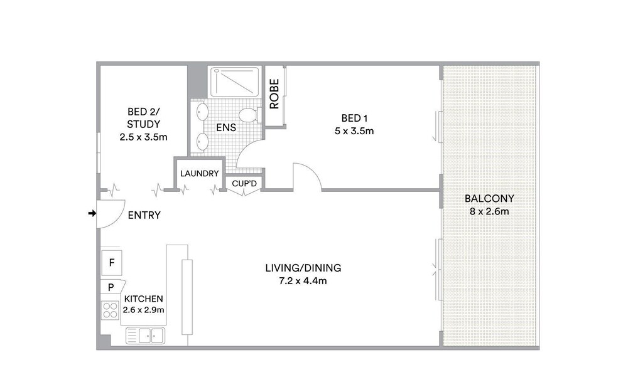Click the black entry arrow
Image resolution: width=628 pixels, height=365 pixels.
point(92,213)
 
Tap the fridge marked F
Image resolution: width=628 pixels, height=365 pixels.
point(112,263)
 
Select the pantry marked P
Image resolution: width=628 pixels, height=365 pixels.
point(112,287)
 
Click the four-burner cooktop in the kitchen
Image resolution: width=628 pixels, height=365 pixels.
point(110,310)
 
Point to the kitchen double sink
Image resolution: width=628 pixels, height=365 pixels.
point(146,336)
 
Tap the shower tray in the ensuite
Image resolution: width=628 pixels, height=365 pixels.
point(235,82)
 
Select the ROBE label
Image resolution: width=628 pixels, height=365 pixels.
point(274,94)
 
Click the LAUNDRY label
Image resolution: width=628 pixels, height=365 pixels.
point(200,174)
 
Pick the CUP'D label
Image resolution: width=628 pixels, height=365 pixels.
point(244,184)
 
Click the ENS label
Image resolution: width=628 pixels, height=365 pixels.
point(226,127)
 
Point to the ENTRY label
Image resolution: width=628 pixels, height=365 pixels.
point(144,216)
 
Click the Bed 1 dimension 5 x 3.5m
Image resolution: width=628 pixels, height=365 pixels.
point(354,131)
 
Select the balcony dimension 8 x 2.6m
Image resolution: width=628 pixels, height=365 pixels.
point(489,211)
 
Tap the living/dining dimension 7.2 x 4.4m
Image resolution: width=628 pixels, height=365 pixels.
point(303,281)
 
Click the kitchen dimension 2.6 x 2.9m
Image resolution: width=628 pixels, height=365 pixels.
point(143,310)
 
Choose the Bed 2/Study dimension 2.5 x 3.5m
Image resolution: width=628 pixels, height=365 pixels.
point(143,137)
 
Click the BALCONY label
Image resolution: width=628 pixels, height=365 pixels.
point(489,199)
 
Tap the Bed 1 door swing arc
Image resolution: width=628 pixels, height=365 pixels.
point(311,169)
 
